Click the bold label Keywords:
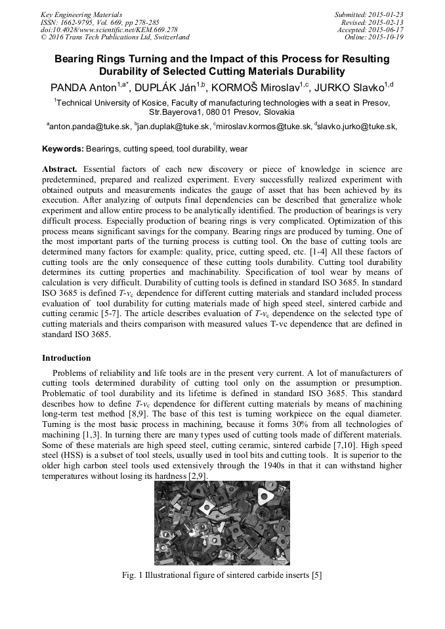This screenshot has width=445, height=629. pyautogui.click(x=63, y=149)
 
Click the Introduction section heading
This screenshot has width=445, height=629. pyautogui.click(x=66, y=358)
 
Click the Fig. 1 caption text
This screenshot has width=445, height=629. pyautogui.click(x=222, y=575)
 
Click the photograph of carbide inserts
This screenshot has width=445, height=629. pyautogui.click(x=222, y=523)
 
